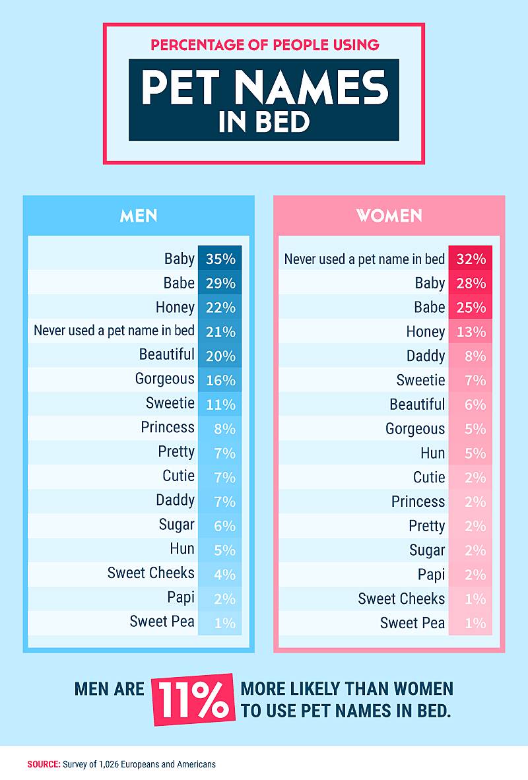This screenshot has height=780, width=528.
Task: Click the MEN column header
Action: click(x=139, y=216)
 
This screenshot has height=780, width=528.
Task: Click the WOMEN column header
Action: click(x=389, y=216)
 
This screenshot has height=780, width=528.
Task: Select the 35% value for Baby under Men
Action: click(x=220, y=259)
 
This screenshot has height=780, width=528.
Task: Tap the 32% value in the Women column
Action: click(x=471, y=259)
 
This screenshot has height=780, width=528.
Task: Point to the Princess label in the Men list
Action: click(x=168, y=428)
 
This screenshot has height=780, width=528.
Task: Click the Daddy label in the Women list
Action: click(x=426, y=356)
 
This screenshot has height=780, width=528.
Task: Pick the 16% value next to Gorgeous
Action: click(x=220, y=380)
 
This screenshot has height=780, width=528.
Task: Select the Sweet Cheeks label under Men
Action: click(x=151, y=573)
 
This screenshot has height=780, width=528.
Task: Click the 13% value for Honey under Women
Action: click(x=471, y=332)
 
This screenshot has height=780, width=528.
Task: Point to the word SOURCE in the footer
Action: click(x=44, y=764)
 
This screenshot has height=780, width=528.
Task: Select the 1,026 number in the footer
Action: click(x=110, y=764)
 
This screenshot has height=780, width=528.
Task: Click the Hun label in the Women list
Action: click(x=433, y=453)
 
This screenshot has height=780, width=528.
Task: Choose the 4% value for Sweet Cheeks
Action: click(x=224, y=574)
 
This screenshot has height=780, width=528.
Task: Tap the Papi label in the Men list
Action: click(x=181, y=597)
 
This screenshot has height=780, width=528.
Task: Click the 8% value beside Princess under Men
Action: click(x=224, y=429)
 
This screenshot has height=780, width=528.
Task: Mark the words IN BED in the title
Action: click(x=264, y=123)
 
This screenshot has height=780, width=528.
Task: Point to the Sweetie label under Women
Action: click(x=420, y=380)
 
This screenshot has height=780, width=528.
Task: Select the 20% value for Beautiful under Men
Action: click(x=220, y=356)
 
